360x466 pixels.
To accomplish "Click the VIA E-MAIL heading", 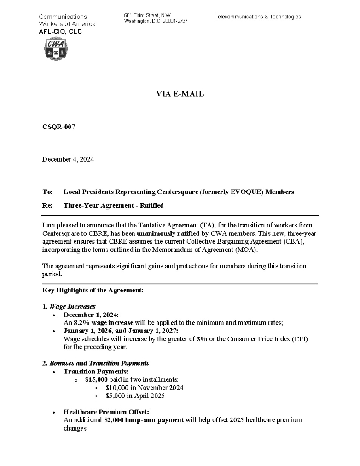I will (180, 94).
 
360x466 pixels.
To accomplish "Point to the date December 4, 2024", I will (68, 159).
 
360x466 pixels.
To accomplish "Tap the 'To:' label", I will (47, 192).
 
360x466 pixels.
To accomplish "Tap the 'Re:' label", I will (47, 205).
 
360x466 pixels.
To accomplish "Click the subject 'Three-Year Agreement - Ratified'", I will (113, 205).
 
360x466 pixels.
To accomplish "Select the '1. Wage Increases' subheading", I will (69, 306).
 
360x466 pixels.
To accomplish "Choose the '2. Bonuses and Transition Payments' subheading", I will (95, 363).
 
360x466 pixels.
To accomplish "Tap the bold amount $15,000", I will (96, 380).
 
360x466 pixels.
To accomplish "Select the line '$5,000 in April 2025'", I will (135, 396).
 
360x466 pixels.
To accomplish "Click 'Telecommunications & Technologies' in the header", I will (257, 17).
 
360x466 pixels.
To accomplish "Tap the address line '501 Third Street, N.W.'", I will (147, 16).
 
